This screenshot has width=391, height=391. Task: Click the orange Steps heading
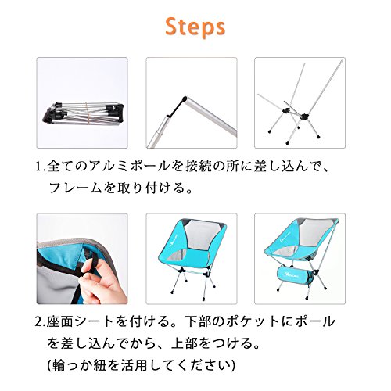point(195,27)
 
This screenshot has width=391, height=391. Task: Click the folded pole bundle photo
point(82,102)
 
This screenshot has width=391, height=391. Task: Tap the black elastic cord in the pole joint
point(177,107)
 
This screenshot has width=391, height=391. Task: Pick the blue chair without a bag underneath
point(192,256)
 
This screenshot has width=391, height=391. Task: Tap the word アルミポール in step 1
point(128,167)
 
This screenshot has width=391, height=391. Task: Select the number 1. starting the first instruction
point(41,167)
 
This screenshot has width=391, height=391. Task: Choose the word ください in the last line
point(203,365)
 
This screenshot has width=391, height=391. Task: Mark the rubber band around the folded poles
point(89,115)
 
